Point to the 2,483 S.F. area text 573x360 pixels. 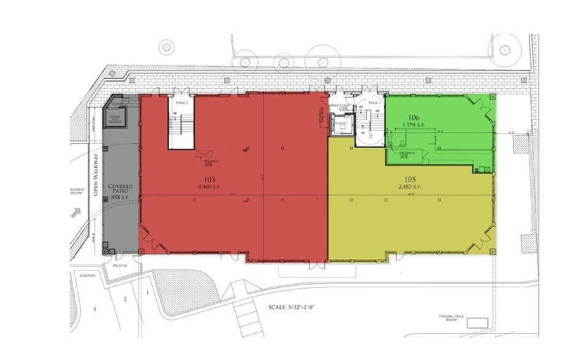(x=409, y=186)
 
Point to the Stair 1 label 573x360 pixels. (x=375, y=103)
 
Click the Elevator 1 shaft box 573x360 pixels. (x=341, y=125)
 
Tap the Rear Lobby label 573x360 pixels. (x=340, y=107)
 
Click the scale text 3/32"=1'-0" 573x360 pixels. (x=299, y=306)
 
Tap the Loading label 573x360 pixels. (x=87, y=276)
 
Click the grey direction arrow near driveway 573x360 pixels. (x=77, y=213)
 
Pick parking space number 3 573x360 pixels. (x=95, y=309)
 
